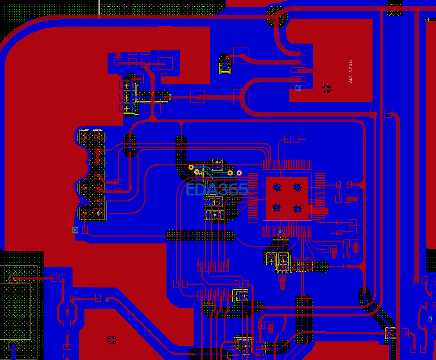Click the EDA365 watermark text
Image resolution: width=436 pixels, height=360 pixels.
coord(217,190)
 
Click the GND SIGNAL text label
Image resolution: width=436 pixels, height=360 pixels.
coord(351,71)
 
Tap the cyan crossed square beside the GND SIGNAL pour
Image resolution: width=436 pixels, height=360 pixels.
coord(298,88)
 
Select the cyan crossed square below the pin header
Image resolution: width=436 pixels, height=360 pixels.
coord(75,230)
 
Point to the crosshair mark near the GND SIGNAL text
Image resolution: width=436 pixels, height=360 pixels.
coord(326,88)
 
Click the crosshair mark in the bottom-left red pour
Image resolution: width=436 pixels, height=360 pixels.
coord(112,340)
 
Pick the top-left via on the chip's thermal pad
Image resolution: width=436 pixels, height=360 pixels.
coord(277,187)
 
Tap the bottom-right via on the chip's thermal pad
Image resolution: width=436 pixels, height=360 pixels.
coord(297,208)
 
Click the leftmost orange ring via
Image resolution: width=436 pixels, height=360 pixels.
coord(191,168)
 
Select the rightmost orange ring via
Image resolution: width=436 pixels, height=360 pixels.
coord(239,173)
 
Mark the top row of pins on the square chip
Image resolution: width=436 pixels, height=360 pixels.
coord(286,165)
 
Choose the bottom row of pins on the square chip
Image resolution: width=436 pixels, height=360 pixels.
coord(286,232)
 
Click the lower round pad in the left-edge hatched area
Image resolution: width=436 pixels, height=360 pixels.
coord(12,346)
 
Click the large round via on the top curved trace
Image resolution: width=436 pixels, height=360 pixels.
coord(276,18)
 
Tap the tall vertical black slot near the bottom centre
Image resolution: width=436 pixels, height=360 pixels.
coord(304,320)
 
